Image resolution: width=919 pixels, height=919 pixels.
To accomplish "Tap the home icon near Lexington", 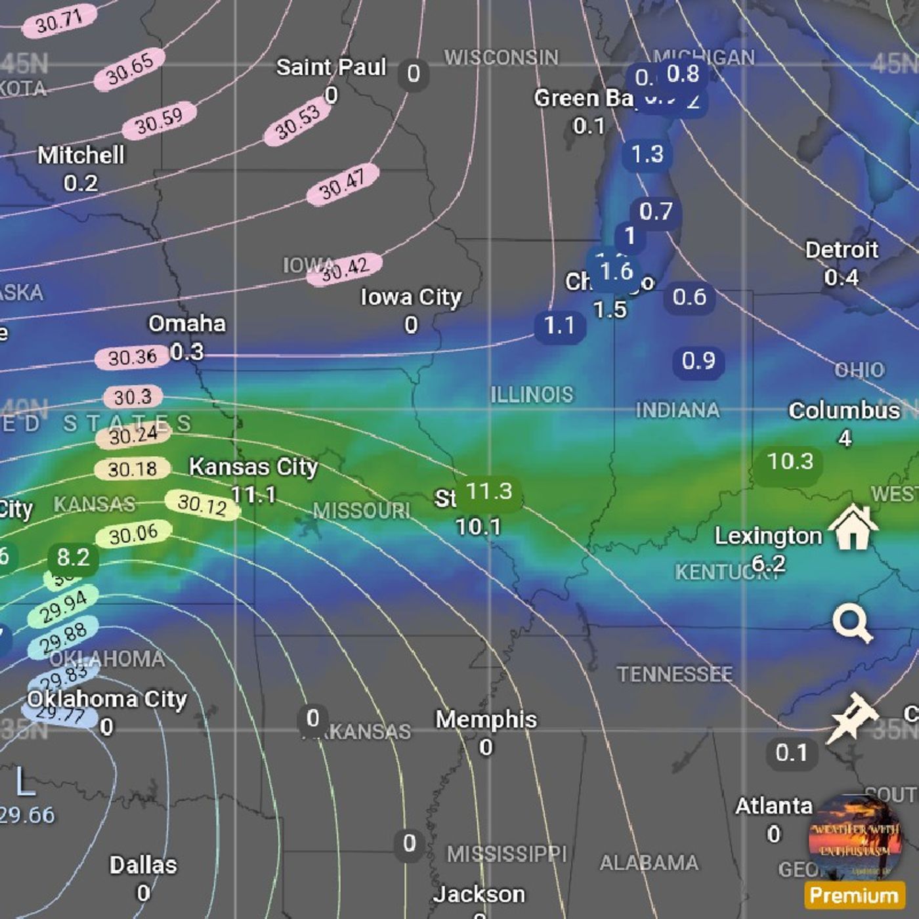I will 852,527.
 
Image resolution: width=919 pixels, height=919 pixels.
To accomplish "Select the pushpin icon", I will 852,717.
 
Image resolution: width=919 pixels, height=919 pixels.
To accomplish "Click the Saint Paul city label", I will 331,67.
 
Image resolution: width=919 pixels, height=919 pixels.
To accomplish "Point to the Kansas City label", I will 253,467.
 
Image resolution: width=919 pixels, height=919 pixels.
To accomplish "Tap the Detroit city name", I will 842,250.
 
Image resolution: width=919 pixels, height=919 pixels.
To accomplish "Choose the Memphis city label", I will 486,719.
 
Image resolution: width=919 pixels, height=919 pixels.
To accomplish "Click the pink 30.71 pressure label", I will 59,22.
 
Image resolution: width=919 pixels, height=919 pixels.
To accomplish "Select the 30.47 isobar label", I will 343,184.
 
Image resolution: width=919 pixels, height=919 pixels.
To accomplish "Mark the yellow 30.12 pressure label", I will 202,504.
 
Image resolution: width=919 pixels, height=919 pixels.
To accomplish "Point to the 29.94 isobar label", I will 64,606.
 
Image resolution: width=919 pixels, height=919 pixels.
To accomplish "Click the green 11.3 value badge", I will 488,491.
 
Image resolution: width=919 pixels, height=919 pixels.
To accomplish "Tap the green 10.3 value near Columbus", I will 790,461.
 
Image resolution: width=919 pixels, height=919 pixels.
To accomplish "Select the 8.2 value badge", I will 73,557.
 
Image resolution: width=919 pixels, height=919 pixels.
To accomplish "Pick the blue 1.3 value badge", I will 647,154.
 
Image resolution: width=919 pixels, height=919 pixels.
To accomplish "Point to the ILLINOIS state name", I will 532,395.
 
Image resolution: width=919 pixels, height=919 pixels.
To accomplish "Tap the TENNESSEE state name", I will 674,674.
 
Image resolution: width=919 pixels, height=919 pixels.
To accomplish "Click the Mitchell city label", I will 81,156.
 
